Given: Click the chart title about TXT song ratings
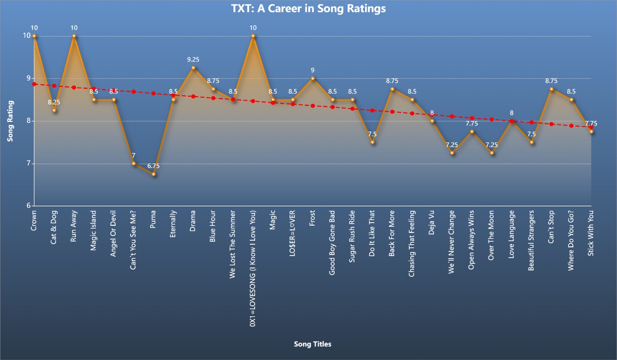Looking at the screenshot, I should click(308, 9).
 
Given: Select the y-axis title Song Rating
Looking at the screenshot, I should click(10, 121).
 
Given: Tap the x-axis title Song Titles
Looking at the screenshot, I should click(312, 344).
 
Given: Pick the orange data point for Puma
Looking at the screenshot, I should click(153, 174).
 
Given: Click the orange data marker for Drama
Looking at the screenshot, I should click(193, 68).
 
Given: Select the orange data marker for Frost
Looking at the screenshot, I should click(313, 78).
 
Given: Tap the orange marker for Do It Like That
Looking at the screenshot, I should click(372, 142).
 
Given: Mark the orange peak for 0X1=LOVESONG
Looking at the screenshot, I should click(253, 36).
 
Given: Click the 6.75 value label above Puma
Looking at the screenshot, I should click(153, 166).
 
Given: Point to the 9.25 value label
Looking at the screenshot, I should click(193, 60).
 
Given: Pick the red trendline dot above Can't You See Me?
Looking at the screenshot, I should click(134, 92).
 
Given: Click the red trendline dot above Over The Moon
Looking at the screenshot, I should click(492, 119).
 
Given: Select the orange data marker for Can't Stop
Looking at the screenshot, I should click(551, 89).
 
